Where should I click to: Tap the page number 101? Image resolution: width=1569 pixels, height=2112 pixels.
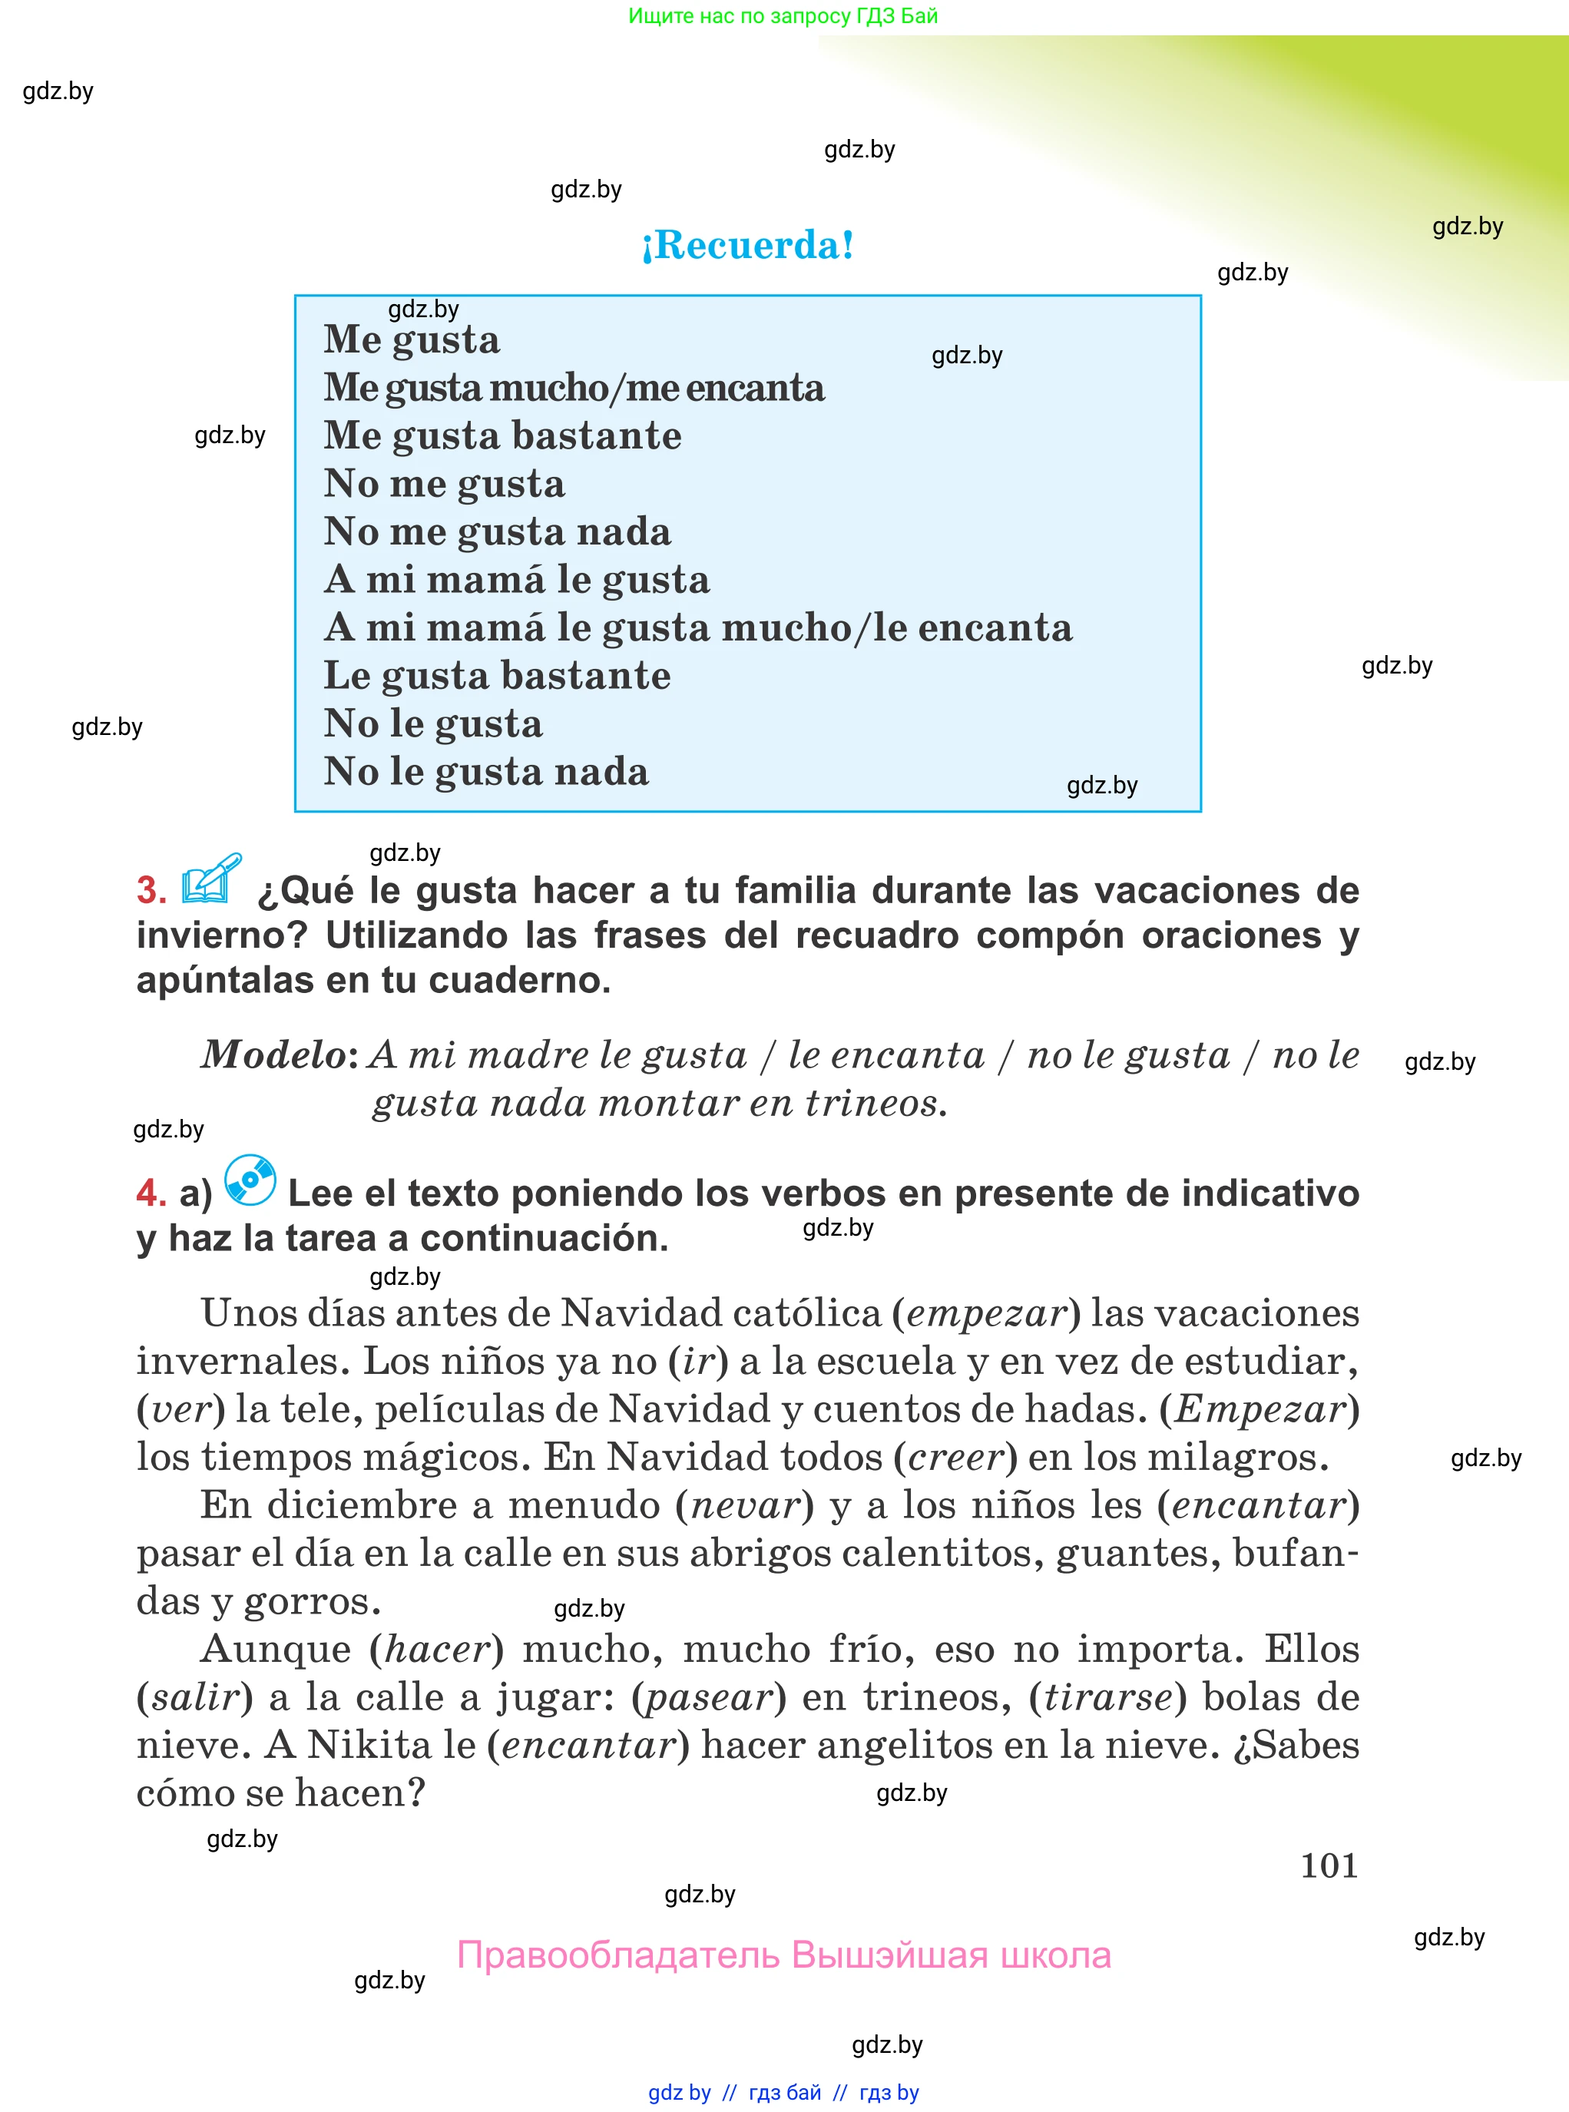point(1328,1865)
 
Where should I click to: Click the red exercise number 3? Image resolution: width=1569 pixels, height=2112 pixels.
point(151,891)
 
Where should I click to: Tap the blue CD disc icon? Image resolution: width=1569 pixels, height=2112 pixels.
point(250,1180)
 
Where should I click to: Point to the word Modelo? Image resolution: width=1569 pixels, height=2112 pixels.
point(274,1055)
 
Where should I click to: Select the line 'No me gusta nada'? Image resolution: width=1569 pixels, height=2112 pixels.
point(497,531)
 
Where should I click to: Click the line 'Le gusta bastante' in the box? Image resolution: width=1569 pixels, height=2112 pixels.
point(497,676)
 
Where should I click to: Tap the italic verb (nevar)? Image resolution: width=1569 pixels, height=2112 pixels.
point(746,1505)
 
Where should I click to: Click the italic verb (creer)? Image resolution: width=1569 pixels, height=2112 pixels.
point(955,1458)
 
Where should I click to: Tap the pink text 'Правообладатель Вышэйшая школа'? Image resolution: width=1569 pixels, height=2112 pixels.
point(783,1955)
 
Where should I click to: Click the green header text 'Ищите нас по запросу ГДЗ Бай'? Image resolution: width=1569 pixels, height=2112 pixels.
point(783,16)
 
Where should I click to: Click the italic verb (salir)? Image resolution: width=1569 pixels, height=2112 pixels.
point(195,1697)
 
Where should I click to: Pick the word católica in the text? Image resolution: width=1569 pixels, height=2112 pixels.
point(815,1313)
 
